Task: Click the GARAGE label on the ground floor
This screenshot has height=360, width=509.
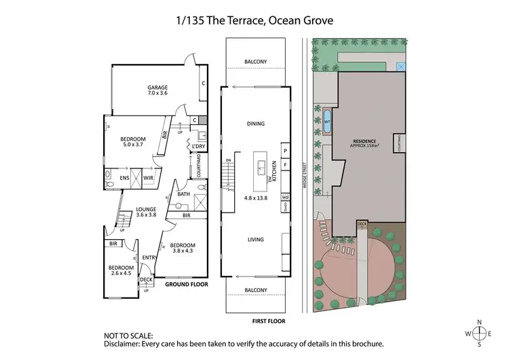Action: tap(158, 88)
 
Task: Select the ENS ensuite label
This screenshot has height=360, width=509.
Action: tap(125, 178)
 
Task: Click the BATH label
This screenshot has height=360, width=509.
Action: tap(183, 194)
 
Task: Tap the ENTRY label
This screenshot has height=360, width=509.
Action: tap(149, 257)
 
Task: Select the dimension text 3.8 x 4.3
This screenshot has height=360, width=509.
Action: tap(182, 251)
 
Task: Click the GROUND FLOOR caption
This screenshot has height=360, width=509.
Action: tap(187, 285)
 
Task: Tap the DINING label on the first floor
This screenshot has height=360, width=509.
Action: tap(256, 124)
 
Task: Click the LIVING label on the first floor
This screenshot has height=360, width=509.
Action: tap(256, 239)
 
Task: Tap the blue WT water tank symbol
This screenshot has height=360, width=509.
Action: tap(327, 122)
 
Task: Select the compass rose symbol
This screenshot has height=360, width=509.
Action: tap(480, 334)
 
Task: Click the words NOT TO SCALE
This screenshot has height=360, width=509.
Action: tap(128, 335)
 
